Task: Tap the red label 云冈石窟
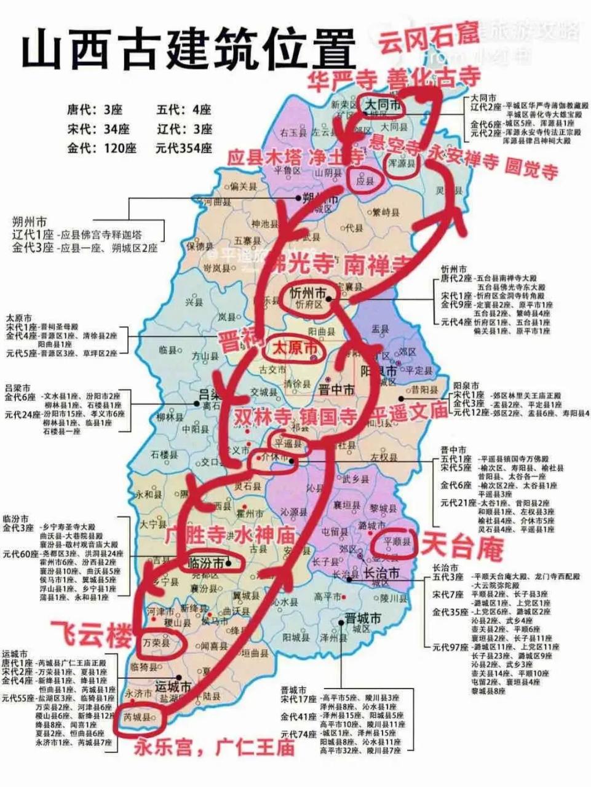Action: click(428, 39)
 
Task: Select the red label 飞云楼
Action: click(91, 635)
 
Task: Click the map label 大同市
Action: click(383, 106)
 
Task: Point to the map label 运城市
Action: click(173, 686)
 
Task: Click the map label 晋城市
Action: click(362, 618)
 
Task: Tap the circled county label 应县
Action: click(366, 181)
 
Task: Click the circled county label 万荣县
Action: click(156, 643)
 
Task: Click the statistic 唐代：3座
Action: click(95, 109)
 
